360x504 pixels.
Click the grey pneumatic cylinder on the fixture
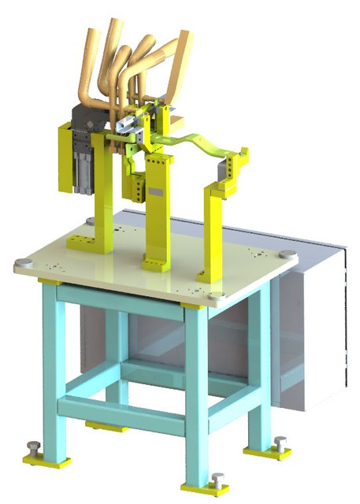point(82,169)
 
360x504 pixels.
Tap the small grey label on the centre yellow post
point(155,191)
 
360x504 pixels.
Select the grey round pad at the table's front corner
point(217,297)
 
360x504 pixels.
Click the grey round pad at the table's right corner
point(288,254)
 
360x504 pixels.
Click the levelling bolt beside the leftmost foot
point(32,450)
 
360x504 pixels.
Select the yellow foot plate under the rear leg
point(107,426)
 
